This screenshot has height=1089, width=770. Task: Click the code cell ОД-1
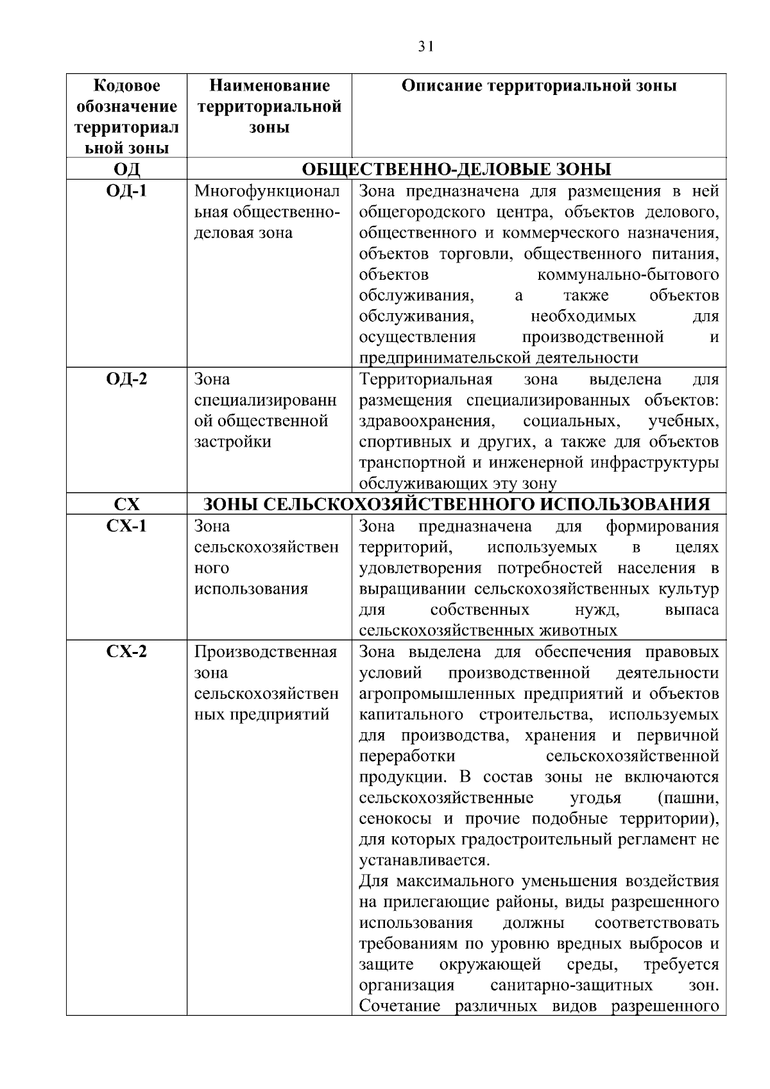click(x=126, y=191)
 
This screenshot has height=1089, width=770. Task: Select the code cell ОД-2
click(x=126, y=379)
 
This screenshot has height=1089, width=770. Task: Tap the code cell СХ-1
click(x=126, y=526)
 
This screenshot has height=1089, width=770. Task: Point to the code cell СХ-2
click(x=126, y=652)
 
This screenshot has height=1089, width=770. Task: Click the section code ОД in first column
click(x=126, y=169)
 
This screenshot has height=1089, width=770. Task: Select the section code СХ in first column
click(x=126, y=504)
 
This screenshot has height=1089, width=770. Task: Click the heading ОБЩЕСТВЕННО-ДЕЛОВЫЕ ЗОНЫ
click(x=456, y=169)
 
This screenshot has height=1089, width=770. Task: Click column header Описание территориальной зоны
click(x=538, y=86)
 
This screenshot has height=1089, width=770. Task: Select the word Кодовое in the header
click(x=126, y=86)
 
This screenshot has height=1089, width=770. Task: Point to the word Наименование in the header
click(x=269, y=86)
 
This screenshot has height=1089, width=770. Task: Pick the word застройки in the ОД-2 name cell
click(x=232, y=442)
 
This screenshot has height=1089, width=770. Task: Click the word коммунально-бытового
click(x=627, y=275)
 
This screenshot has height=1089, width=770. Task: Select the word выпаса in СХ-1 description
click(x=692, y=610)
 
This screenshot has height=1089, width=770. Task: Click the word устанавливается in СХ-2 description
click(x=425, y=861)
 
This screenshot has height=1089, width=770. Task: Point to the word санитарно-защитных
click(x=571, y=985)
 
